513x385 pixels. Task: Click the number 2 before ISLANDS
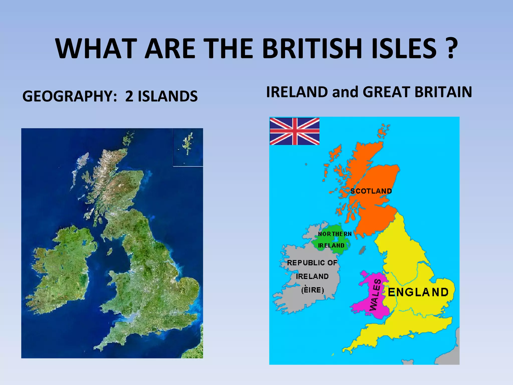[129, 96]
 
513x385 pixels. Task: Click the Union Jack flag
[294, 131]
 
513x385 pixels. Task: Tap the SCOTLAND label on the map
[371, 191]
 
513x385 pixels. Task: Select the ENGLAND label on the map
[418, 292]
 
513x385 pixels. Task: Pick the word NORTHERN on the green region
[335, 234]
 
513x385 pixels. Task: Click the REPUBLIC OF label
[312, 263]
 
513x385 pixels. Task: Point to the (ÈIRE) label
[313, 290]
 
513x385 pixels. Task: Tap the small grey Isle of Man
[362, 250]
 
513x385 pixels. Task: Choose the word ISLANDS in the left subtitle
[168, 96]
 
